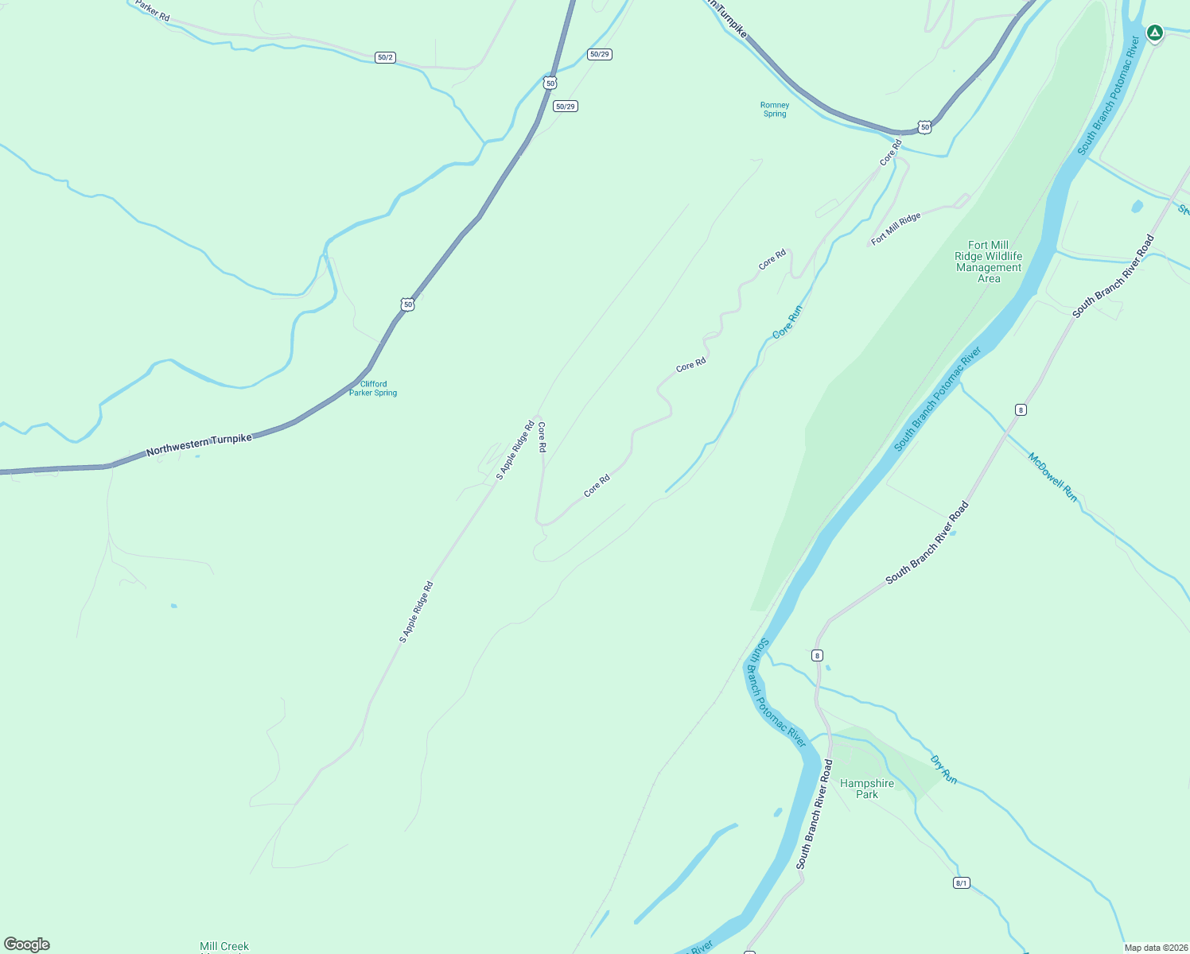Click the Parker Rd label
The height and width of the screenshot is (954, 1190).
point(152,10)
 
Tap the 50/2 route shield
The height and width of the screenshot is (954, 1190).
point(385,57)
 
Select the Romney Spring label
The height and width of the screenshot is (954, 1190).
point(775,110)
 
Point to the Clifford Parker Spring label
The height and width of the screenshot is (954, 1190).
point(373,388)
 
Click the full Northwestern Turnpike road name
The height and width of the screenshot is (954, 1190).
point(199,445)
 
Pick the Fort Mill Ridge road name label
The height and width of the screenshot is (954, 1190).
point(896,229)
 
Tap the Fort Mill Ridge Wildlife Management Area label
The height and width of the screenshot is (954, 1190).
point(989,262)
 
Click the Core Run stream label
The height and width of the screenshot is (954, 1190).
point(787,321)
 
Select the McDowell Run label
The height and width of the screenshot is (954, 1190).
point(1052,477)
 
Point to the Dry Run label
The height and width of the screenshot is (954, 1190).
point(943,769)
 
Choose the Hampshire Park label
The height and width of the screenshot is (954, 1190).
point(867,789)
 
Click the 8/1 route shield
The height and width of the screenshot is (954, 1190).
point(961,882)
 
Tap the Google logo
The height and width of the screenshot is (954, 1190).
point(27,944)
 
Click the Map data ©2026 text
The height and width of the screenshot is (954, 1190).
point(1156,948)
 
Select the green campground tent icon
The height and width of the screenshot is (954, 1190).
point(1155,33)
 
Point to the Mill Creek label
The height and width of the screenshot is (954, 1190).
point(224,946)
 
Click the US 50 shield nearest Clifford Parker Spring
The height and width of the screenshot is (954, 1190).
point(407,304)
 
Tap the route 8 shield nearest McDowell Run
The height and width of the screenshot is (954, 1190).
point(1021,409)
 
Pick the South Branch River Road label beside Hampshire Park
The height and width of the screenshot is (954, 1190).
point(815,814)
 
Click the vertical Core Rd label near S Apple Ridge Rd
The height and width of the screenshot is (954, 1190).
point(542,437)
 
